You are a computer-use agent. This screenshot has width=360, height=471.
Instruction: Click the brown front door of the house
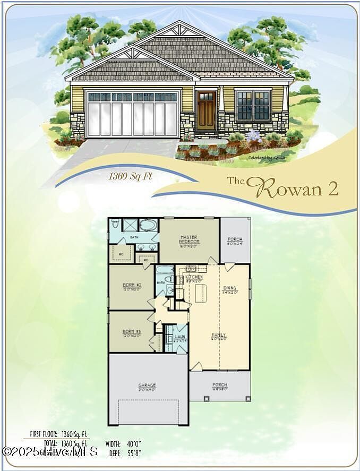[205, 110]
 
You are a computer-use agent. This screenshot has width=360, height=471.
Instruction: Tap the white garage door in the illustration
[132, 114]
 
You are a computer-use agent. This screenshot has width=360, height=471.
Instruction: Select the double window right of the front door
[253, 105]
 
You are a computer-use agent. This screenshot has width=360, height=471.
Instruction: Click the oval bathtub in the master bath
[149, 225]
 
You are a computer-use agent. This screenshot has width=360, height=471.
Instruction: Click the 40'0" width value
[134, 444]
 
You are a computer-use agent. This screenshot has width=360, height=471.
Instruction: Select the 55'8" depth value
[134, 453]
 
